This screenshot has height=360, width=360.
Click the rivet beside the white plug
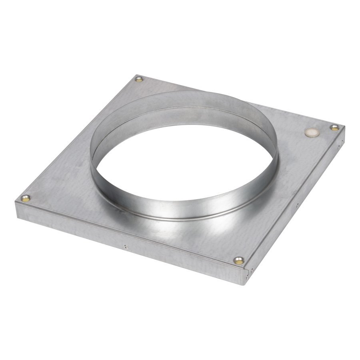pos(334,127)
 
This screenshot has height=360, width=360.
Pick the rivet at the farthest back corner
pos(139,79)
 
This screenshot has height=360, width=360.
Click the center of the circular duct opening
pos(184,160)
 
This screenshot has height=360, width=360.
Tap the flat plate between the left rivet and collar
pos(60,188)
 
